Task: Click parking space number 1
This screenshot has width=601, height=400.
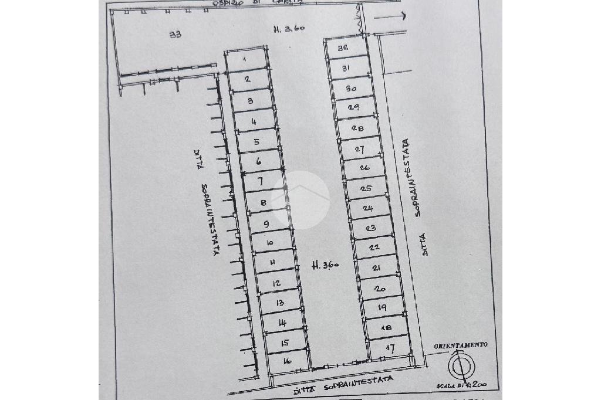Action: click(245, 60)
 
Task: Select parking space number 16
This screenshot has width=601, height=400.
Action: click(287, 361)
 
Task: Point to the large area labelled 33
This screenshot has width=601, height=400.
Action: click(174, 35)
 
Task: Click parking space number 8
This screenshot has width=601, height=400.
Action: click(264, 203)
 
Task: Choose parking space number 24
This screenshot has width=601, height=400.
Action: click(368, 208)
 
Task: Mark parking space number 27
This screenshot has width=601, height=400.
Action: click(360, 149)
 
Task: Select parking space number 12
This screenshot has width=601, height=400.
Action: click(276, 283)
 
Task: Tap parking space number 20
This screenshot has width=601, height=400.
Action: click(379, 289)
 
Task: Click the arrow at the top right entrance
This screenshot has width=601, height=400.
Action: click(390, 17)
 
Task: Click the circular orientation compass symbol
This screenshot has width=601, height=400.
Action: click(459, 368)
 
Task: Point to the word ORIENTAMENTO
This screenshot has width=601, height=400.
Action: click(461, 346)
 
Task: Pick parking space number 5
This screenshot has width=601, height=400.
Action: click(256, 142)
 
